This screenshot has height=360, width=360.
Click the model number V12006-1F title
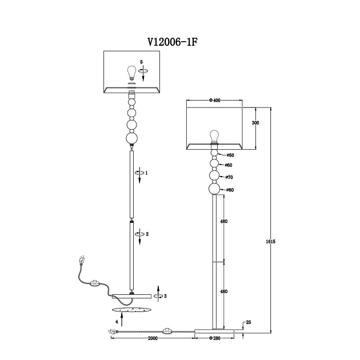point(173,42)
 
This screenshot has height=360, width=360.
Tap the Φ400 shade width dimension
point(215,101)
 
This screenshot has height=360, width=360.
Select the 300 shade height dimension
point(255,123)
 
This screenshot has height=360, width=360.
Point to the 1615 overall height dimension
point(271,242)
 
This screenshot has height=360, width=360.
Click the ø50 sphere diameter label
point(230,155)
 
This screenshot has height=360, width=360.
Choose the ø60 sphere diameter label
point(229,165)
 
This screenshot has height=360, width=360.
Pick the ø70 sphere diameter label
point(229,177)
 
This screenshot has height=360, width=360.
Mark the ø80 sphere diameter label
point(230,190)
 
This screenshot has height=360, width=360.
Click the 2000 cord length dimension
point(153,338)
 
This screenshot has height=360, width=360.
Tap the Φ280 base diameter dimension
point(215,338)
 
